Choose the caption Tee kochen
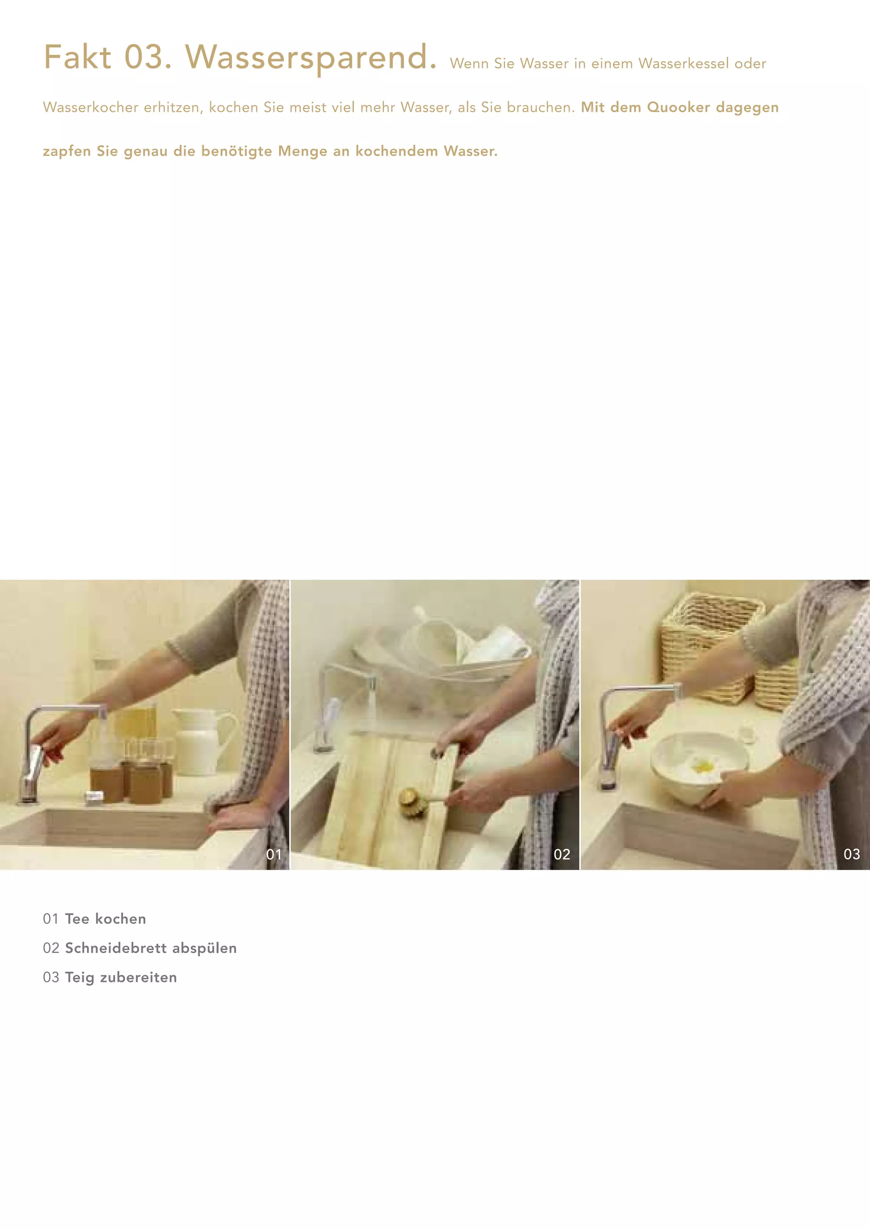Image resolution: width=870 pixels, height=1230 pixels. click(x=105, y=919)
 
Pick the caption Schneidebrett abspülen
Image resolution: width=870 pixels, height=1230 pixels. click(x=150, y=948)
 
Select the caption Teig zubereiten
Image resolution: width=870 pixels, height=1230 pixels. click(x=121, y=977)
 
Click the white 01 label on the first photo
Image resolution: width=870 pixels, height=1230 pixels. click(x=274, y=854)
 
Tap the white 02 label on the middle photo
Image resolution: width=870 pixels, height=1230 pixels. click(x=562, y=854)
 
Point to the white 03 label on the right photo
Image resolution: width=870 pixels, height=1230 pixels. click(x=852, y=854)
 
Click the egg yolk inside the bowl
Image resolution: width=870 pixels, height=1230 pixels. click(x=702, y=767)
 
